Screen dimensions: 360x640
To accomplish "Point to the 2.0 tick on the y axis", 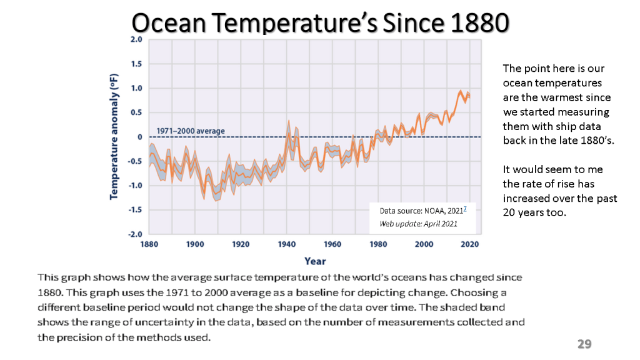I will coord(136,39).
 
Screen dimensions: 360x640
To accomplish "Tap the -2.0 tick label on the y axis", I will coord(135,234).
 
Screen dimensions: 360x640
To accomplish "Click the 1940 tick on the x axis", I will coord(287,244).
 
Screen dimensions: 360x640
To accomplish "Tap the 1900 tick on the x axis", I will coord(196,244).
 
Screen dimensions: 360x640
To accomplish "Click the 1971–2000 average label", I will coord(191,131).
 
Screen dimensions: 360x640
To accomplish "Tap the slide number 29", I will coord(584,344).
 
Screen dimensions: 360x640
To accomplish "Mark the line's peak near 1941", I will coord(289,122).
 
